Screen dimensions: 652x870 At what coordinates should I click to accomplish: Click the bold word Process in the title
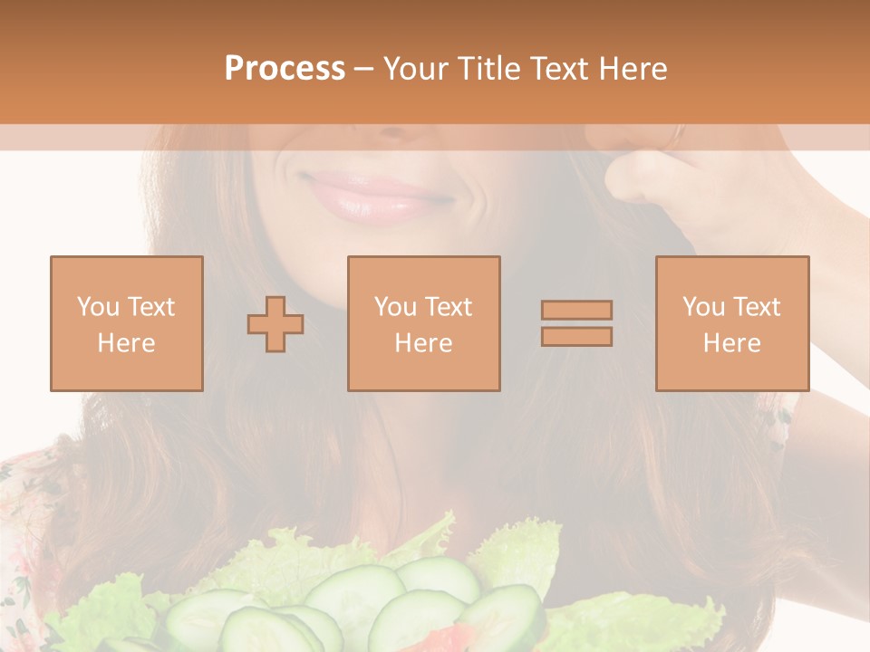[285, 69]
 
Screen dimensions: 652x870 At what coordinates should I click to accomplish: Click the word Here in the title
[631, 69]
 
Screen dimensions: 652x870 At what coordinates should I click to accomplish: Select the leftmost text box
[126, 323]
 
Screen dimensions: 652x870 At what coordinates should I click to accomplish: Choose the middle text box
[423, 323]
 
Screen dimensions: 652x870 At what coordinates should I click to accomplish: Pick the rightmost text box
[731, 323]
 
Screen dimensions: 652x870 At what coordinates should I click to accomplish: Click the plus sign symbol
[275, 324]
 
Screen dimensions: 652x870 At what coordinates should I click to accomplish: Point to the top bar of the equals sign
[576, 310]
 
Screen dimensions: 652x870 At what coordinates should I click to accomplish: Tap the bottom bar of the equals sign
[576, 337]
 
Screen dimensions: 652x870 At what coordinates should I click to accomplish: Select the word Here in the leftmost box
[126, 343]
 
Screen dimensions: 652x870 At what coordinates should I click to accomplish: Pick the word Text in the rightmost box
[758, 307]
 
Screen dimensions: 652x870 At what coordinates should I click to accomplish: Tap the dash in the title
[363, 69]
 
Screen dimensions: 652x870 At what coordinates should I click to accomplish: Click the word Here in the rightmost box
[731, 343]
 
